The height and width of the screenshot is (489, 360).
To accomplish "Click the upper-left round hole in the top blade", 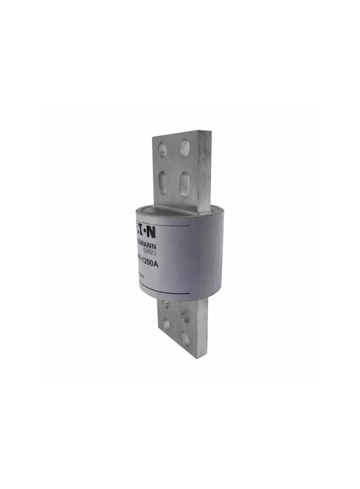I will (163, 150).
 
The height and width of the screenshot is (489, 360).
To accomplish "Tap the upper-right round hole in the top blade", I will (184, 148).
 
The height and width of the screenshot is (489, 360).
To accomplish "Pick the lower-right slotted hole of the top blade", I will (184, 183).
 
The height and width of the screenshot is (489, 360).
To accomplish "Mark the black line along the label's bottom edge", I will (163, 292).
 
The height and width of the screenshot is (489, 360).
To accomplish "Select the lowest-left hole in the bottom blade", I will (166, 325).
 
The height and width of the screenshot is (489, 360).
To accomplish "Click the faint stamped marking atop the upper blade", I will (175, 136).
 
